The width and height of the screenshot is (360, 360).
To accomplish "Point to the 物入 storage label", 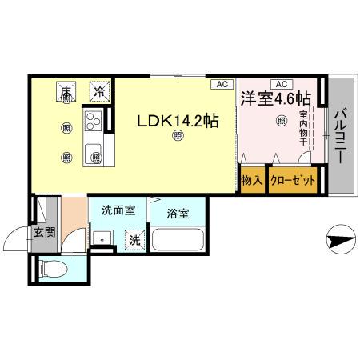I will coord(252,182).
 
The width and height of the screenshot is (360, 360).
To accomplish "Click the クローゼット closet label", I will coord(292,182).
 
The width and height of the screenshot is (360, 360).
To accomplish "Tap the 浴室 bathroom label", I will coord(178,214).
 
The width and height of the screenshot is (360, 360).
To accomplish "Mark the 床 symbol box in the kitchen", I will coord(66,92).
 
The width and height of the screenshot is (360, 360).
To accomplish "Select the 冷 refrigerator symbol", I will coord(98,92).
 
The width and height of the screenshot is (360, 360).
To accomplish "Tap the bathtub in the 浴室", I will coord(178,242).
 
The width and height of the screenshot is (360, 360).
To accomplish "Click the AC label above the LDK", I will coord(219,84).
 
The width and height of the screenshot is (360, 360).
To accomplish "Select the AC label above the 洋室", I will coord(281,84).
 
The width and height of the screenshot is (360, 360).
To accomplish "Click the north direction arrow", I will coord(339,238).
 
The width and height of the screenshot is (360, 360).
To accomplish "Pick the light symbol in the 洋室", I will coord(281,121).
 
